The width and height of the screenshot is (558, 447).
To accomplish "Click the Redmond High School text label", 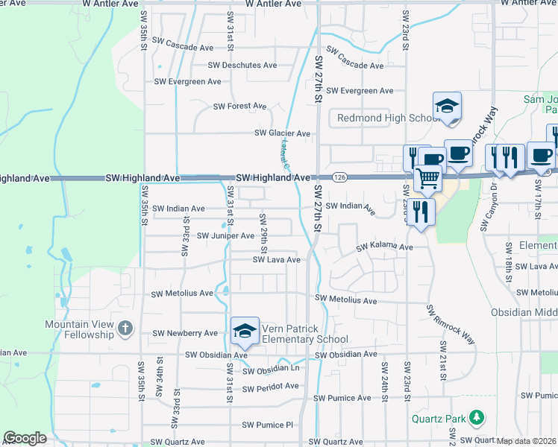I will point(389,118).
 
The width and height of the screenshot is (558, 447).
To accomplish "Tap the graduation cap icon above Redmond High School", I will point(447,106).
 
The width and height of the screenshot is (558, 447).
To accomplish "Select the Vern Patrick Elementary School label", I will point(304,334).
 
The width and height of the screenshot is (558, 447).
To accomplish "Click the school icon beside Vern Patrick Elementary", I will point(245,330).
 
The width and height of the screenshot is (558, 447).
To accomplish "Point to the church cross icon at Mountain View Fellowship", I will point(125,327).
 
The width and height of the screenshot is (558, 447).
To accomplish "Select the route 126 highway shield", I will point(339,177).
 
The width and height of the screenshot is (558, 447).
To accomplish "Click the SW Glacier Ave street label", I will point(282,133).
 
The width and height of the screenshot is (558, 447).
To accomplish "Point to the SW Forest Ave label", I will point(239,107).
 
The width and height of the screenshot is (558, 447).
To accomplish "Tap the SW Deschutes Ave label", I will point(242,66).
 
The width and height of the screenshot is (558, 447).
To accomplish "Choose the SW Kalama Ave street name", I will point(384,247).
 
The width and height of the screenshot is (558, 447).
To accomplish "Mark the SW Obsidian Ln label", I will point(271,370).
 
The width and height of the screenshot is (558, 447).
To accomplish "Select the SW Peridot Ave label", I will point(270,387).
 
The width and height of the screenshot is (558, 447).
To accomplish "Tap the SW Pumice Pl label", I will point(267,425).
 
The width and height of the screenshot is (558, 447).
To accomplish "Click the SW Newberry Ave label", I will point(184,333).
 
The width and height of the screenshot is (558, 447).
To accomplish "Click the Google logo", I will point(25,438).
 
